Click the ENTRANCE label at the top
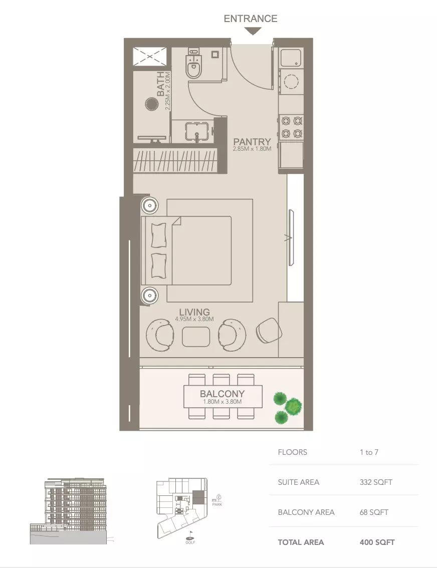[250, 19]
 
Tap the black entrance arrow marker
[253, 31]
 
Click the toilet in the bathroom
[193, 66]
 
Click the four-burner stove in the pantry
[292, 127]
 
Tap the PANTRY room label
[252, 142]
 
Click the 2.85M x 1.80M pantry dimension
[252, 149]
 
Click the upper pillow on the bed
[158, 234]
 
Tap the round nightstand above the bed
[149, 205]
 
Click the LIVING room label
[194, 312]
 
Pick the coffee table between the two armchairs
[196, 337]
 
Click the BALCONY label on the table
[222, 394]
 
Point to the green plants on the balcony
[287, 406]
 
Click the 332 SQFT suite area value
[376, 482]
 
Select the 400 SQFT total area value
[377, 542]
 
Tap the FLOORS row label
[293, 452]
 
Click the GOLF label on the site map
[190, 542]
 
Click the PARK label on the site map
[217, 504]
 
